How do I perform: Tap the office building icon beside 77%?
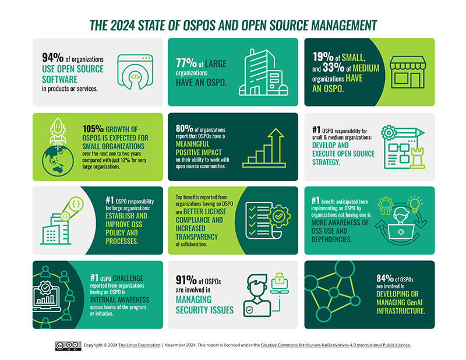[x=260, y=72]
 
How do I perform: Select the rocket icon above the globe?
[x=58, y=128]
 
